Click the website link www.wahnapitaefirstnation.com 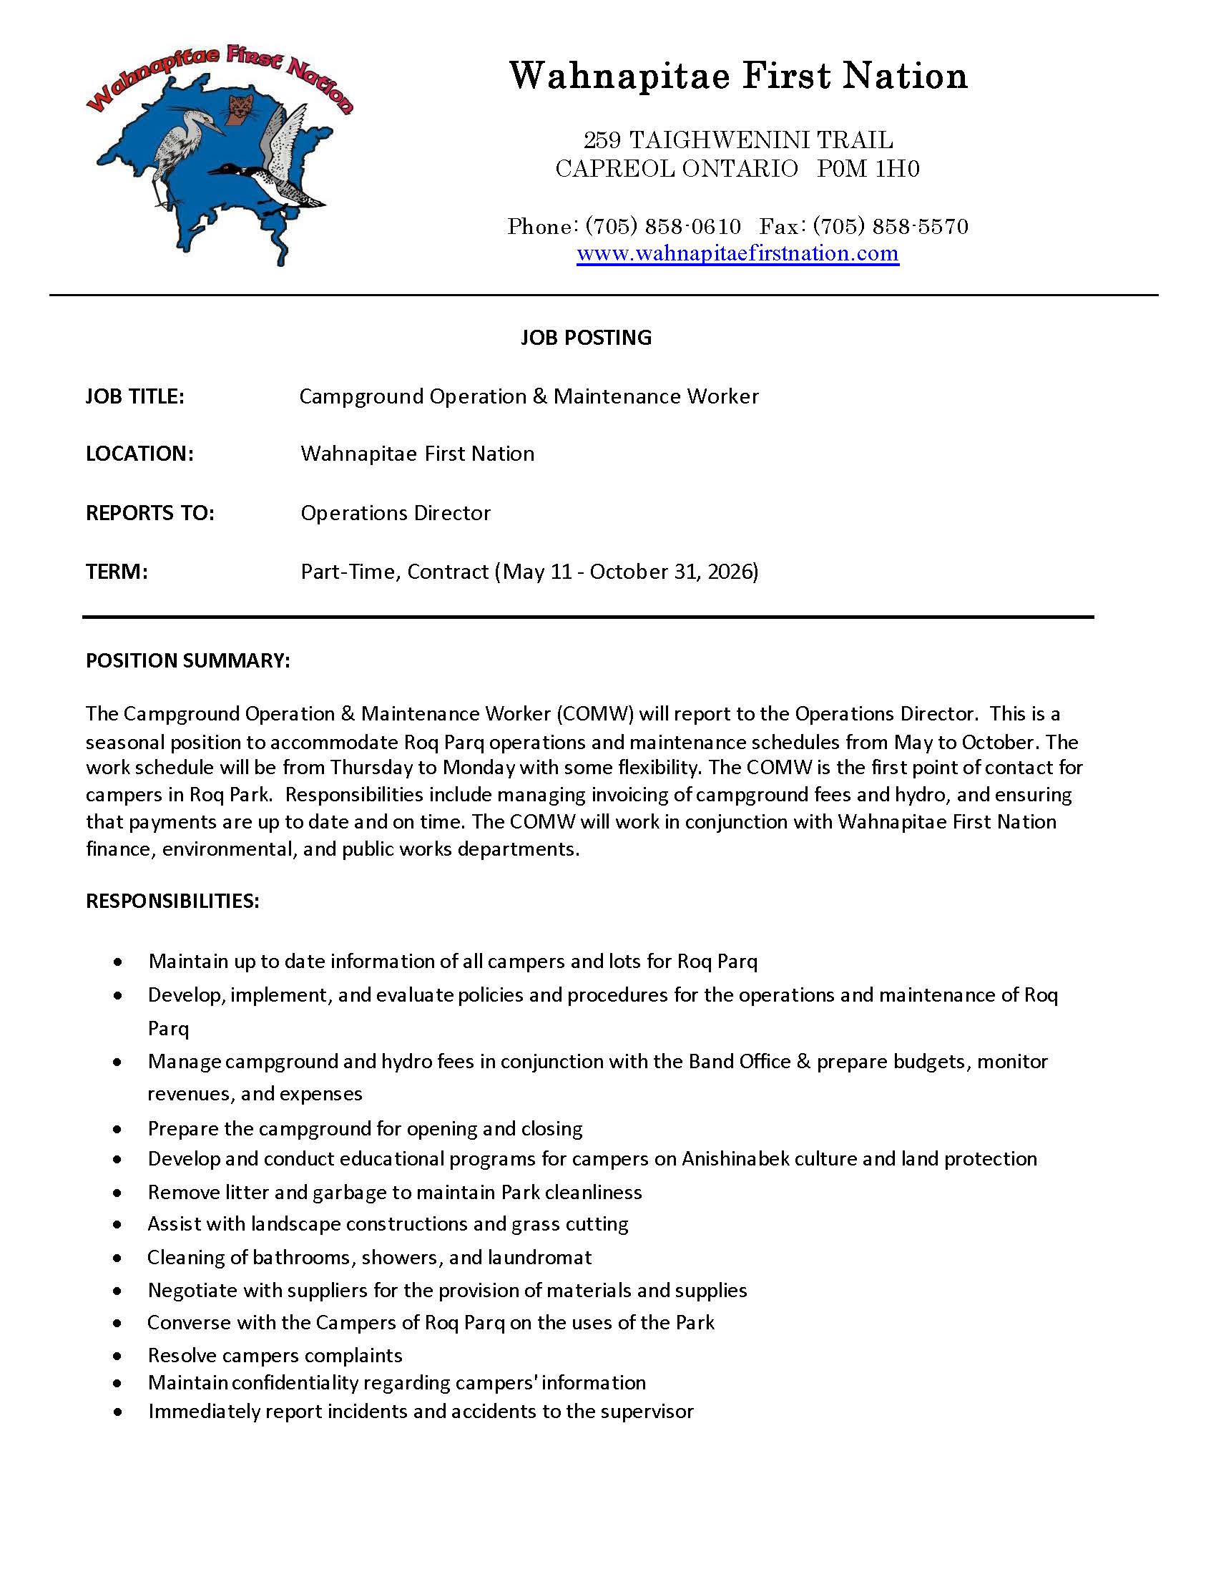coord(737,254)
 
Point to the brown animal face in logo coord(235,109)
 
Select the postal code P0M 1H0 coord(868,169)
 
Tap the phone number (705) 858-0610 coord(663,226)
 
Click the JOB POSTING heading coord(586,337)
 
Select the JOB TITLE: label coord(134,396)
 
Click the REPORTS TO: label coord(149,513)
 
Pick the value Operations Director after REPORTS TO coord(396,513)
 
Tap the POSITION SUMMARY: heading coord(187,660)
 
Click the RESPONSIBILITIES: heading coord(172,901)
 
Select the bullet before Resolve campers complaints coord(117,1356)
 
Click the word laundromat coord(539,1257)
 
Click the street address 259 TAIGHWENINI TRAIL coord(737,139)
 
